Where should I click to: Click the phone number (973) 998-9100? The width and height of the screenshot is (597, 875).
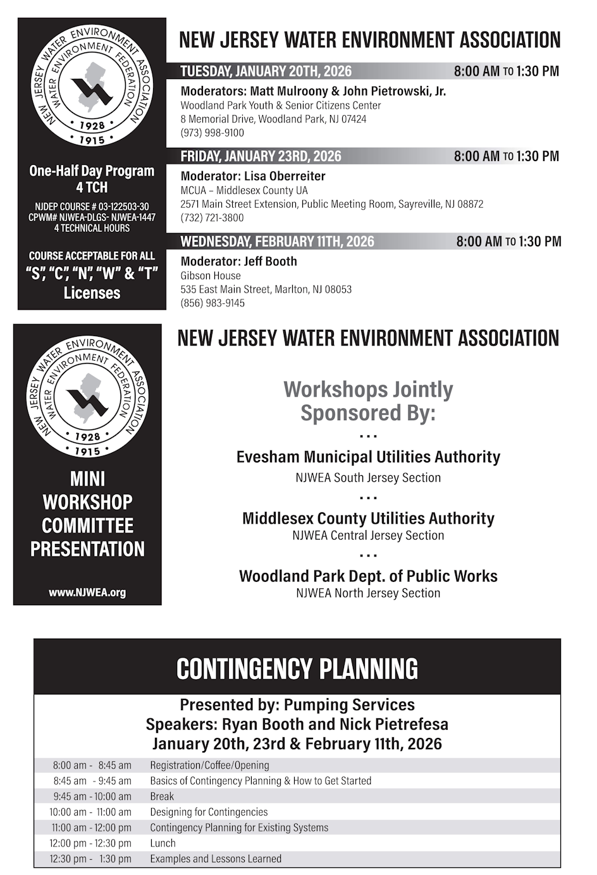[x=212, y=133]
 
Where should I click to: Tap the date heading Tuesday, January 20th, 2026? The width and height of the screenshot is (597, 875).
[x=266, y=71]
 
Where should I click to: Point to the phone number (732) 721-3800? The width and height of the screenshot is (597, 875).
[x=212, y=218]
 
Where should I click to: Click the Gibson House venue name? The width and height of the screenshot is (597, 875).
[x=211, y=275]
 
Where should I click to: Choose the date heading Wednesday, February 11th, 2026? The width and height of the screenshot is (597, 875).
[x=277, y=241]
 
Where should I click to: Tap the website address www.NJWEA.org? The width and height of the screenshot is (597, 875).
[x=87, y=593]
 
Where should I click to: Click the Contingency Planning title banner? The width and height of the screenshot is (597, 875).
[x=297, y=668]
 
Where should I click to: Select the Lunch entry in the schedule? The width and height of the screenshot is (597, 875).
[x=163, y=843]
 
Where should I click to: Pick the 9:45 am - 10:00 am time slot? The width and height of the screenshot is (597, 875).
[x=92, y=797]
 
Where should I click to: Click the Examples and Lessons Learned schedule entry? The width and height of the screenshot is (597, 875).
[x=216, y=859]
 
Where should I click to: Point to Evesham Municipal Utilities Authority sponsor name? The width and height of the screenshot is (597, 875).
[x=368, y=457]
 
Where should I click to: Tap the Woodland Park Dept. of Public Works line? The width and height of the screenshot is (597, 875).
[x=368, y=576]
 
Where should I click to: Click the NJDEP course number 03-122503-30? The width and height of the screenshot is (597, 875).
[x=92, y=207]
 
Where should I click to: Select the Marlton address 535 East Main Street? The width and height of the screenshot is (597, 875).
[x=266, y=289]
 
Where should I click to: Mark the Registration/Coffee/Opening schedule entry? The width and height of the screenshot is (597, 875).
[x=209, y=766]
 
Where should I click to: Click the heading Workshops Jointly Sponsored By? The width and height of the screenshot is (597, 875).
[x=368, y=401]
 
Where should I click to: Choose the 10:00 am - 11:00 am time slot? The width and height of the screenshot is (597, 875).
[x=90, y=812]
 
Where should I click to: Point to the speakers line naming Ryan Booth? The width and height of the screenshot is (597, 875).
[x=297, y=724]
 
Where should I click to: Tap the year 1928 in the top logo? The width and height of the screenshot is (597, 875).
[x=92, y=126]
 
